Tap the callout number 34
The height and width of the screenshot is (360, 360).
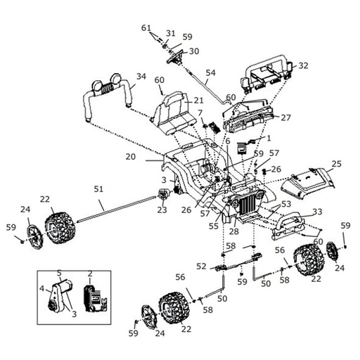pyautogui.click(x=141, y=77)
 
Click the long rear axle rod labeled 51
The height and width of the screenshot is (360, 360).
pyautogui.click(x=112, y=208)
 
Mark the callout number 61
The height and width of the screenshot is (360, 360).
pyautogui.click(x=146, y=28)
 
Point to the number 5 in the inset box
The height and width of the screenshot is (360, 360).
pyautogui.click(x=60, y=273)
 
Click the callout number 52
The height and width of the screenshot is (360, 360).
pyautogui.click(x=201, y=266)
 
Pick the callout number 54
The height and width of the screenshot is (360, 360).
pyautogui.click(x=211, y=72)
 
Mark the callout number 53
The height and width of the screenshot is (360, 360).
pyautogui.click(x=286, y=204)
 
